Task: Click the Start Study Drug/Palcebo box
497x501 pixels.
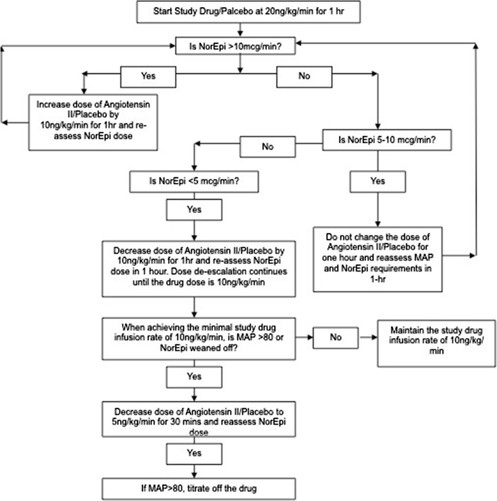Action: (249, 12)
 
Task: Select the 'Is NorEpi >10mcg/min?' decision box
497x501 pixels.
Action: (235, 46)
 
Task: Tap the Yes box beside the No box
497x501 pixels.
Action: (148, 77)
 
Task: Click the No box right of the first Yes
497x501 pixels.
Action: (304, 77)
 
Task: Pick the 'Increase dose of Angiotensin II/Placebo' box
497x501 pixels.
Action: (93, 122)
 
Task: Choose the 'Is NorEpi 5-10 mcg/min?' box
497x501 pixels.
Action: (387, 140)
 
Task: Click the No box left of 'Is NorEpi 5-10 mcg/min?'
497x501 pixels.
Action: (268, 147)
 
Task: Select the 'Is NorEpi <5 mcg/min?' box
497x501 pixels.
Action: (194, 181)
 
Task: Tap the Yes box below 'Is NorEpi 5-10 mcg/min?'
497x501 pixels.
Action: (378, 181)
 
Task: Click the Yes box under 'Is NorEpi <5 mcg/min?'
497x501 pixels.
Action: (194, 210)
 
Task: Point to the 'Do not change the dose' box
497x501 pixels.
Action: (378, 259)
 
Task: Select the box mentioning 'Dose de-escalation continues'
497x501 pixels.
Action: (199, 269)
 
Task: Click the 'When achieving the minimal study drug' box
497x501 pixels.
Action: (199, 339)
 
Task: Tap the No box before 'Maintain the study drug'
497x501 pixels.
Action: (336, 337)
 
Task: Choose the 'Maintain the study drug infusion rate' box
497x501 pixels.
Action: (437, 344)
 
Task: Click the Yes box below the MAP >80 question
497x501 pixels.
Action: (194, 377)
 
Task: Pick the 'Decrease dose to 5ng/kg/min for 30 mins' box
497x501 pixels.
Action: (199, 419)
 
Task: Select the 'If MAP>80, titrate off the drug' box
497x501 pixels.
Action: (199, 489)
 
